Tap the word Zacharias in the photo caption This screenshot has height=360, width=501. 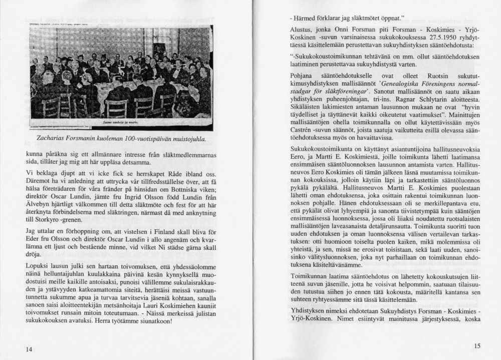point(52,136)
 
